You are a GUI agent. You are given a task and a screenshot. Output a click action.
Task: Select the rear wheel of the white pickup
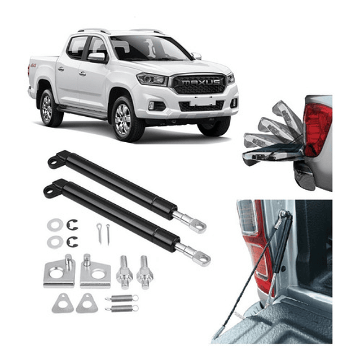tap(47, 107)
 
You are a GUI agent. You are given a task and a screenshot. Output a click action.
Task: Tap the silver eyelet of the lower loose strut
tap(201, 258)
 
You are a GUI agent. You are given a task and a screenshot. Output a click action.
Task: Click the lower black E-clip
tap(72, 242)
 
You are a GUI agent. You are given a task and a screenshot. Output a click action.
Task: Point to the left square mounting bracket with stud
tap(59, 272)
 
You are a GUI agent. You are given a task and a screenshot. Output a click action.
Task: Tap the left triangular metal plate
tap(62, 304)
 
